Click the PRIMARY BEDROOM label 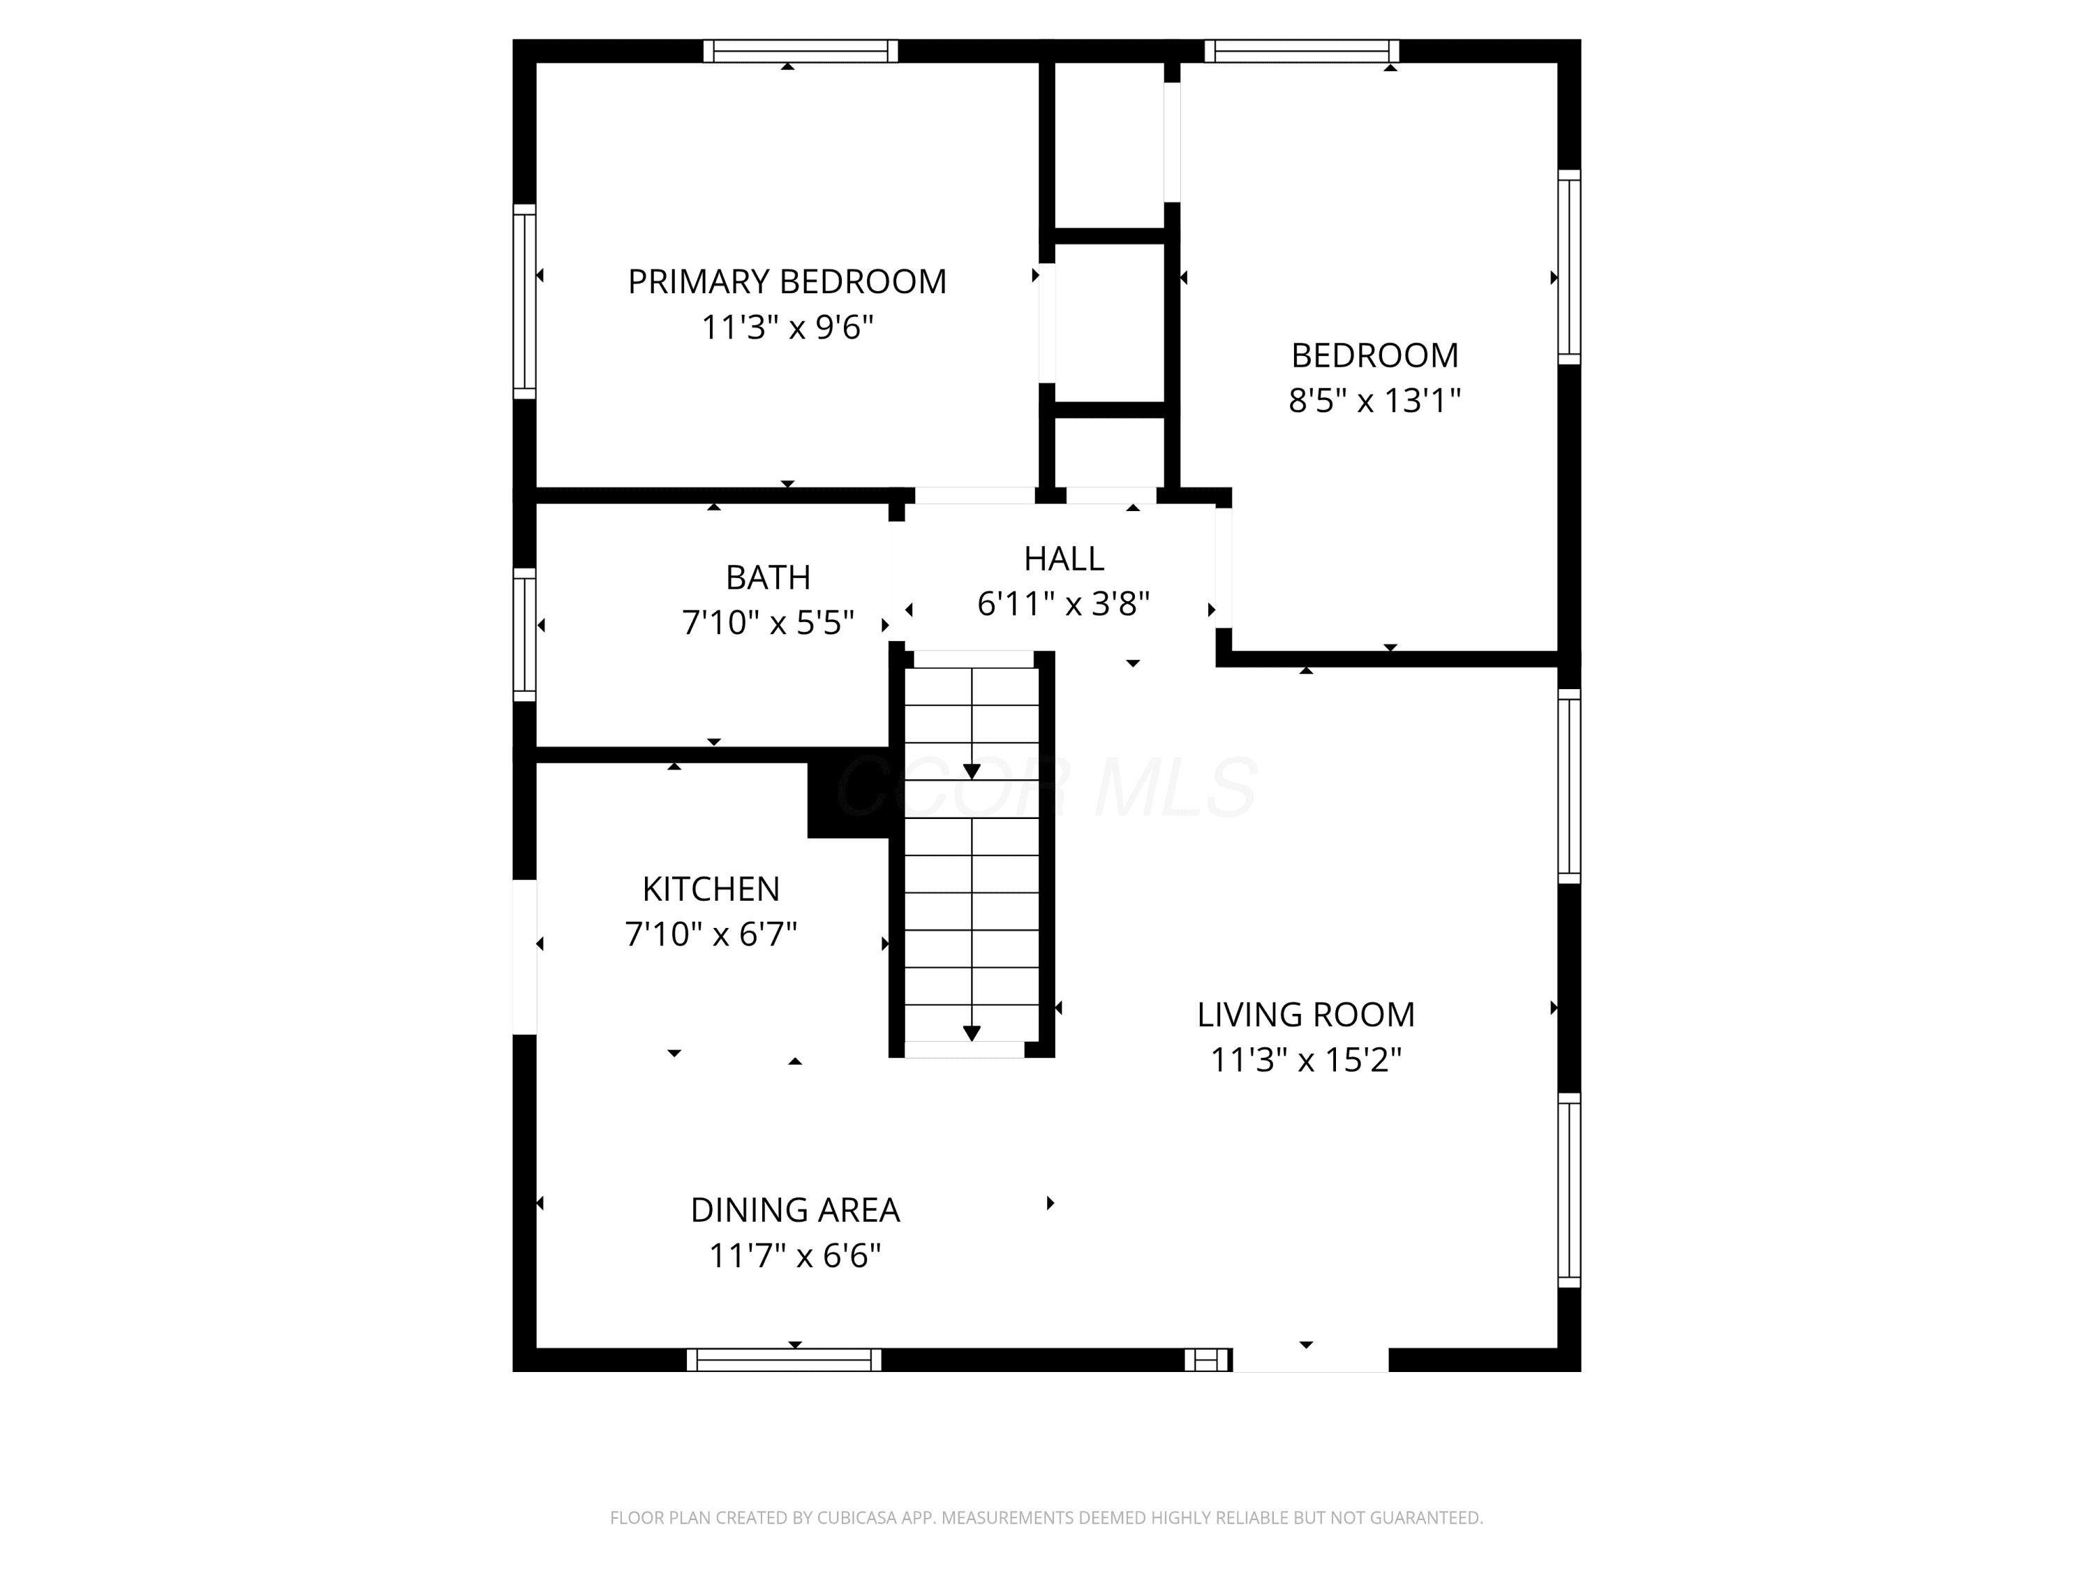click(x=787, y=282)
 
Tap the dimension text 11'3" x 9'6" click(x=787, y=327)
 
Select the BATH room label click(x=768, y=577)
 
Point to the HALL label click(x=1064, y=559)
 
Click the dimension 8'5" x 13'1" click(x=1374, y=401)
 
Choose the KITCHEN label click(x=711, y=890)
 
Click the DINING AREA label click(x=795, y=1210)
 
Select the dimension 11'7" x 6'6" click(x=795, y=1255)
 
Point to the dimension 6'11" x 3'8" click(x=1064, y=603)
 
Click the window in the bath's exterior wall click(x=524, y=635)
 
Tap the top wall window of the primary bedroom click(x=801, y=51)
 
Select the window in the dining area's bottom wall click(x=784, y=1360)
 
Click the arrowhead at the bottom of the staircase click(x=972, y=1033)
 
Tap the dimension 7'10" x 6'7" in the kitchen click(x=711, y=935)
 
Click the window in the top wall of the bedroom click(x=1302, y=51)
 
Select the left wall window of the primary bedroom click(x=524, y=301)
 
